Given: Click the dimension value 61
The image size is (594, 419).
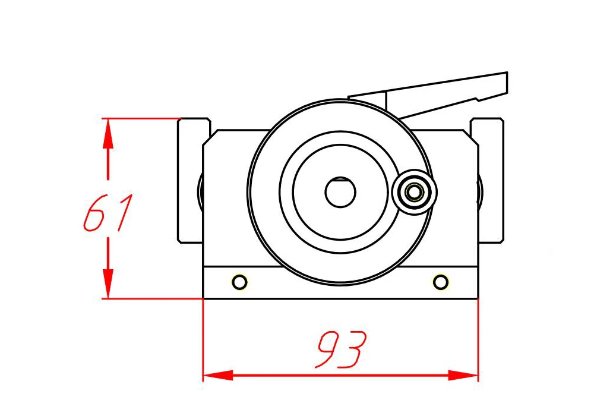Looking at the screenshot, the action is tap(108, 212).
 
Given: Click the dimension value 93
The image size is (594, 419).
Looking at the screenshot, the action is tap(341, 349).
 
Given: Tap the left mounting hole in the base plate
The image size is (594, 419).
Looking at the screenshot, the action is tap(239, 282).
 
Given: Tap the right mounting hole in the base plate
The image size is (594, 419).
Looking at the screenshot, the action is tap(440, 282).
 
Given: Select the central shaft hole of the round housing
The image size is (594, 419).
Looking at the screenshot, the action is tap(340, 192).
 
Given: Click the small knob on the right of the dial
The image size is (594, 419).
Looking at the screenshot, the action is tap(415, 192).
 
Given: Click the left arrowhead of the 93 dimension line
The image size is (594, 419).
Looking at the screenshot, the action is tap(218, 376).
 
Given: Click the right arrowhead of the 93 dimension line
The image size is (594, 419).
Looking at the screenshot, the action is tap(463, 376).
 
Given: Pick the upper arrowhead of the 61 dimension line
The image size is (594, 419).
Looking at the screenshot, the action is tap(108, 133).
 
